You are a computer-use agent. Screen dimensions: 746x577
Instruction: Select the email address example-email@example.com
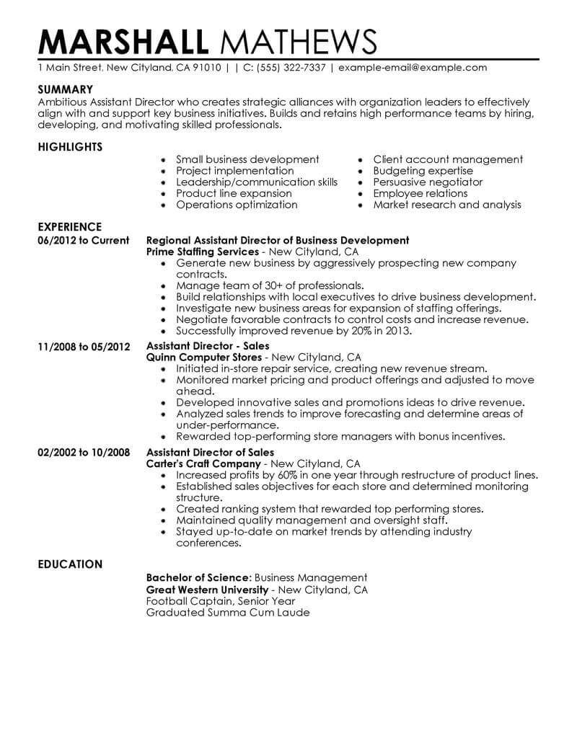413,68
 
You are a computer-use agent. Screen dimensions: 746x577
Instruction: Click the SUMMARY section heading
66,89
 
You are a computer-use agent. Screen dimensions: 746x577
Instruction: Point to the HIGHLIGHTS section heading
70,147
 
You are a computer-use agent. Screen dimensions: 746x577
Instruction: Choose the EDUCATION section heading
69,564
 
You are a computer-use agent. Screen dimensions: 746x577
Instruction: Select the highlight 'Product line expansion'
234,193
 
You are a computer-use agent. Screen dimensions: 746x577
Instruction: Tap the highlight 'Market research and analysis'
447,205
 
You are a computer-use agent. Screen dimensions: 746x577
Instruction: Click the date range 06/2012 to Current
83,241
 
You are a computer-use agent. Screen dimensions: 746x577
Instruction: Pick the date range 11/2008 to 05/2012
84,347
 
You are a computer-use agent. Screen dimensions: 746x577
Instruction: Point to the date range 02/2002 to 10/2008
84,453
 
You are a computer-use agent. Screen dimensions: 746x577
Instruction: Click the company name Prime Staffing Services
202,252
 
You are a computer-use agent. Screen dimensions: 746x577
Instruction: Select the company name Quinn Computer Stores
203,358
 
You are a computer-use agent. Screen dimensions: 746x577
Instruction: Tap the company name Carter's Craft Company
203,463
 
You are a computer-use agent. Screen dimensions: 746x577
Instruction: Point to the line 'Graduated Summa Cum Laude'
227,613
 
